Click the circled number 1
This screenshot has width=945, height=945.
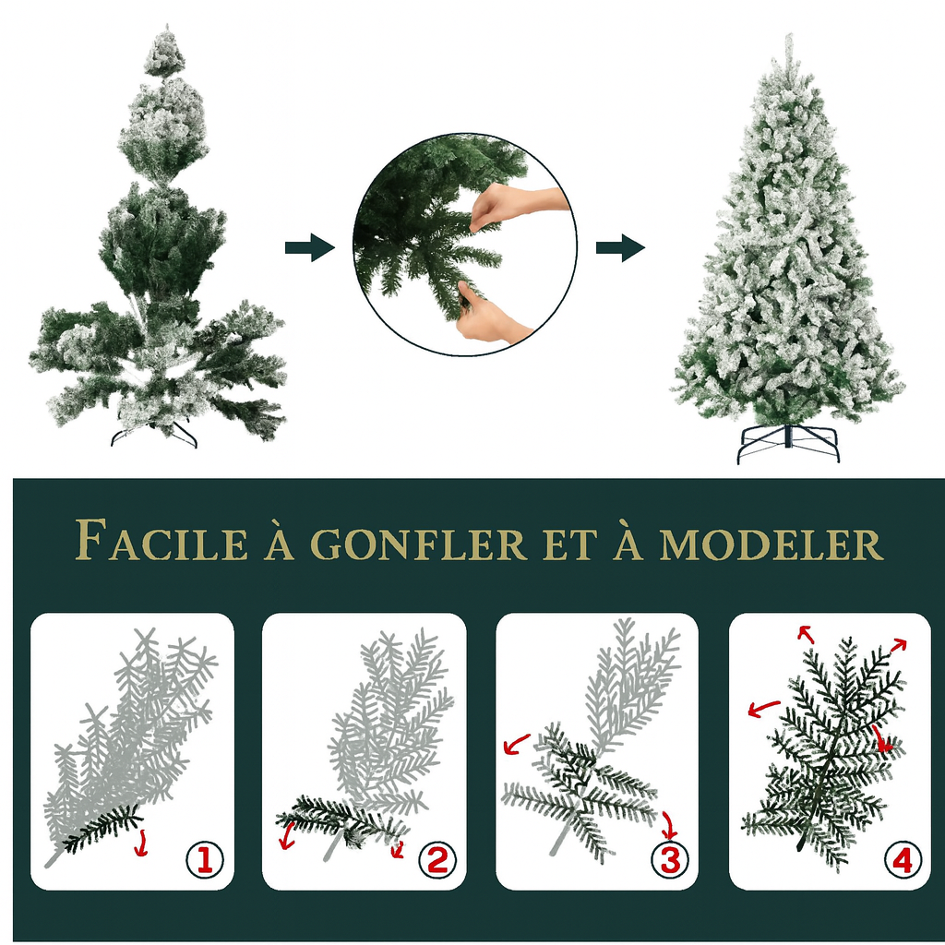click(204, 860)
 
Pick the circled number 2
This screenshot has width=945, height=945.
click(437, 860)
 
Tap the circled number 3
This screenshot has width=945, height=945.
click(669, 860)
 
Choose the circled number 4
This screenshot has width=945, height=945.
click(902, 860)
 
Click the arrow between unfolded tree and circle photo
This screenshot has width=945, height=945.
click(309, 247)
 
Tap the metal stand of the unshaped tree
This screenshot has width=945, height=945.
click(154, 433)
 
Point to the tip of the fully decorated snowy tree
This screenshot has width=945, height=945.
click(789, 42)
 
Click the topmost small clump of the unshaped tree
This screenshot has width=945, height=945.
click(164, 54)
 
